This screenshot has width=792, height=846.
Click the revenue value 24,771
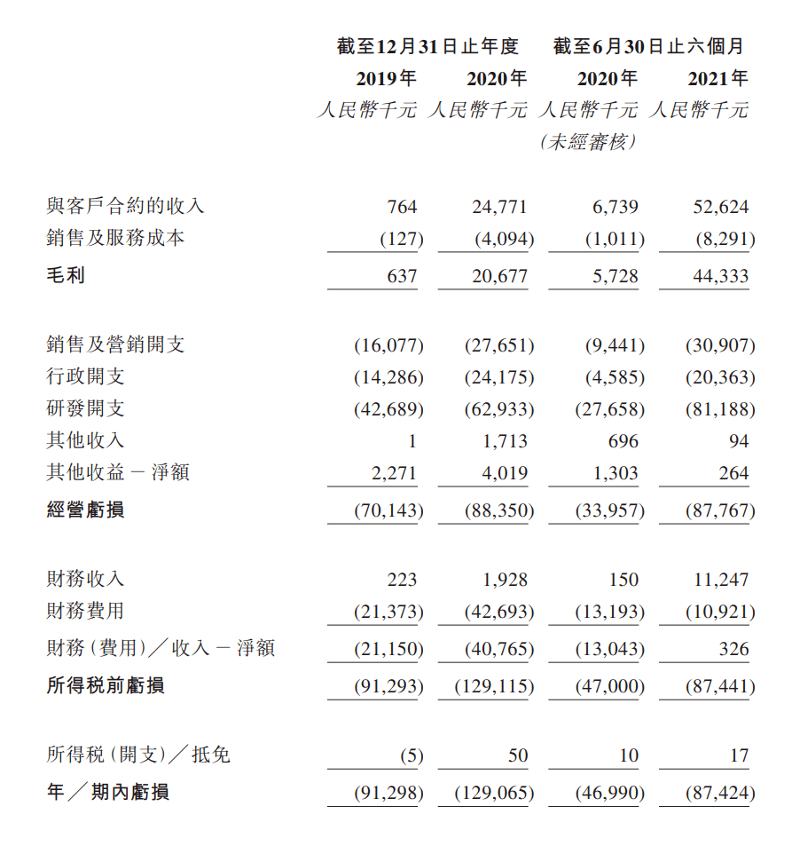499,207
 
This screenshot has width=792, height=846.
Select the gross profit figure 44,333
720,276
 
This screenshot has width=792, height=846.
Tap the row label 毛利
66,275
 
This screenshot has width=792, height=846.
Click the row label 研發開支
85,408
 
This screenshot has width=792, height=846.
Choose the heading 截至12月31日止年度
427,46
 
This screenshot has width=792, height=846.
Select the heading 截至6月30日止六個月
649,46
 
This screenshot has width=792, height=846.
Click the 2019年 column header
386,79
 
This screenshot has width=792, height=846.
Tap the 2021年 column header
718,79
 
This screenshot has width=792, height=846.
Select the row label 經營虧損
85,510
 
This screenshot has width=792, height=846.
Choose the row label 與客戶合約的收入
125,207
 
